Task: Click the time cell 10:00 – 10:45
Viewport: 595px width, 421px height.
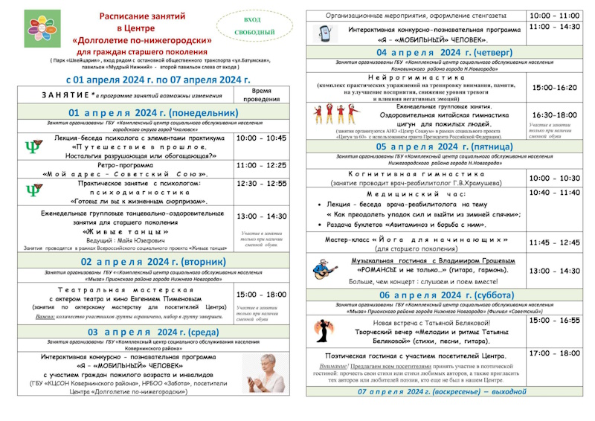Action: [x=260, y=138]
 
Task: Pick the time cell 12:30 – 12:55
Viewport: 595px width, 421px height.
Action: [x=260, y=183]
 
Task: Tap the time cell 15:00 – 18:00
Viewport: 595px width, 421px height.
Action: [x=260, y=295]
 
